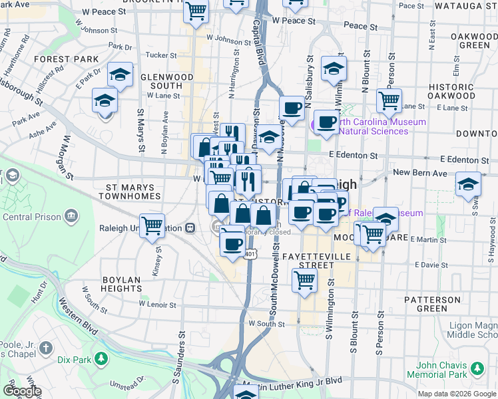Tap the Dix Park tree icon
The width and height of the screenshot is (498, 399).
coord(101,360)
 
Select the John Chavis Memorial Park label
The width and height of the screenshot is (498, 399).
coord(445,370)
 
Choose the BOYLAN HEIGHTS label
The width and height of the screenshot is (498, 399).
coord(122,284)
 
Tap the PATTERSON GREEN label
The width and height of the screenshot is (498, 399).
coord(431,304)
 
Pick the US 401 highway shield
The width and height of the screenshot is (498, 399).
coord(250,254)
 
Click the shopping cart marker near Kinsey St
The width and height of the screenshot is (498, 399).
coord(152,226)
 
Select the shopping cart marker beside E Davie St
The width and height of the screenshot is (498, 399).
coord(304,279)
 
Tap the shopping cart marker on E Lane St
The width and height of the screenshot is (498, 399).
coord(389,100)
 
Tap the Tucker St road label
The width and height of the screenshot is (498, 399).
coord(160,55)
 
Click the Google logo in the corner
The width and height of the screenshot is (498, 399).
coord(21,391)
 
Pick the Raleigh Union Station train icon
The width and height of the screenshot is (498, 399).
coord(190,227)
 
